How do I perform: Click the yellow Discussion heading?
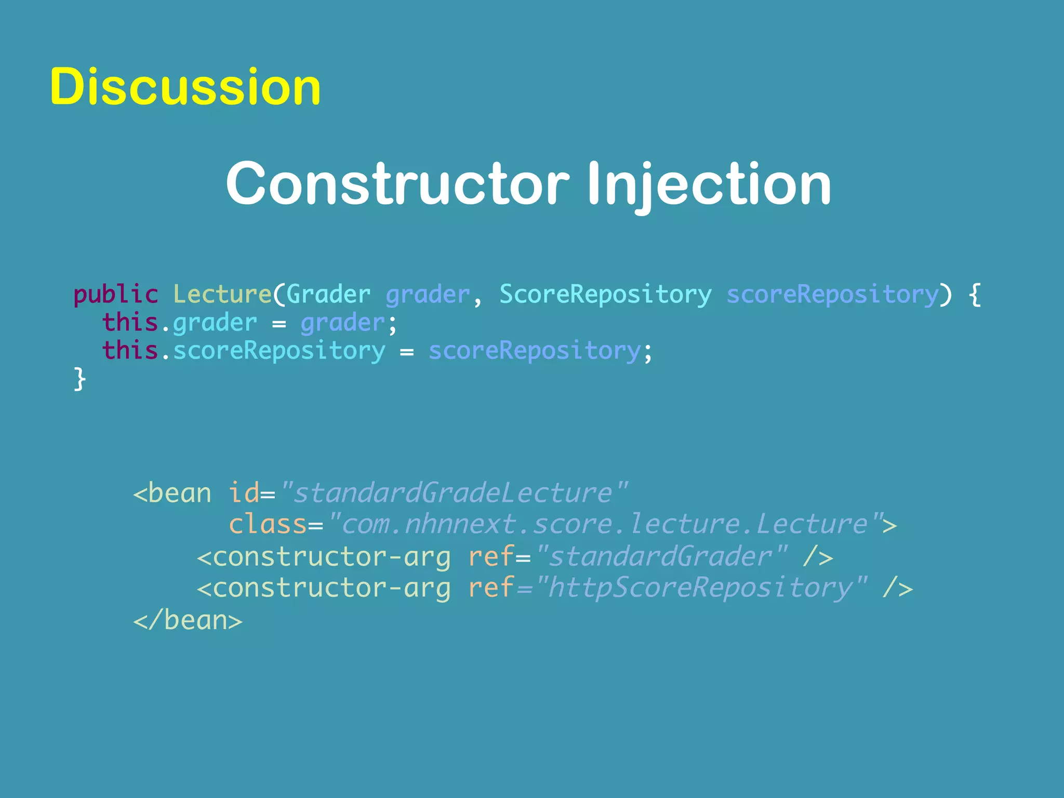click(x=185, y=87)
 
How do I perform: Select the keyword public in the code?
click(x=115, y=295)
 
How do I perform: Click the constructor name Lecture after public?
click(x=222, y=295)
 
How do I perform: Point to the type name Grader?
click(x=328, y=295)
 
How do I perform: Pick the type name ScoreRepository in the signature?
click(x=605, y=295)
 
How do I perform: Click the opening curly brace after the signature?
click(x=975, y=295)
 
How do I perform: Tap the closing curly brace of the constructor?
click(x=79, y=379)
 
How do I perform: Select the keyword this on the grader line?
click(x=130, y=323)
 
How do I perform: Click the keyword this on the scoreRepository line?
click(x=130, y=351)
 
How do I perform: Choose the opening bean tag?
click(x=172, y=493)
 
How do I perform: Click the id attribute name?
click(x=244, y=493)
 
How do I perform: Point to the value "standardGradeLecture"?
click(x=453, y=493)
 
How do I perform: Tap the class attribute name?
click(x=268, y=524)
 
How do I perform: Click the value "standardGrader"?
click(x=661, y=556)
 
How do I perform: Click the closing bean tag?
click(x=188, y=620)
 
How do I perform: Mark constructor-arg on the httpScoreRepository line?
click(x=324, y=588)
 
